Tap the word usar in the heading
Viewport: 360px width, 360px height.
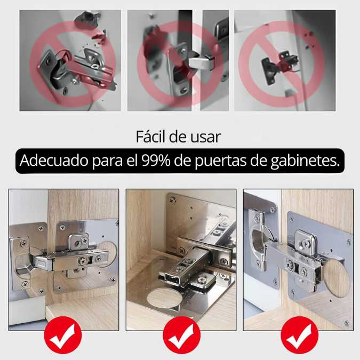[205, 137]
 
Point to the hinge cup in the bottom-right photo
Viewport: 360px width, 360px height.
[262, 245]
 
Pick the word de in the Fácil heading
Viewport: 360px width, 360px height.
[178, 137]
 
